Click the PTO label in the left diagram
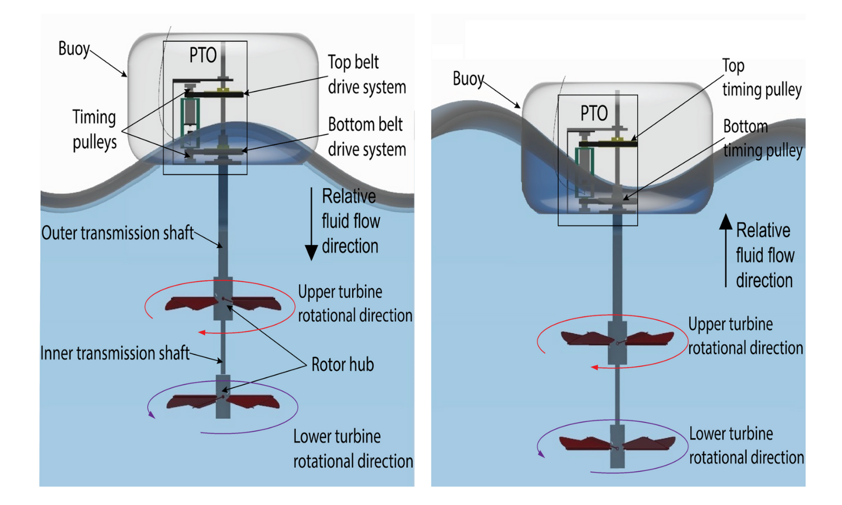203,55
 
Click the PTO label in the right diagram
594,113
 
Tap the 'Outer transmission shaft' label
118,233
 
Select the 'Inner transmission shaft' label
115,353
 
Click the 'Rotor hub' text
342,365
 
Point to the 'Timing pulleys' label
95,130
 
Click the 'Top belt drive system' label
367,74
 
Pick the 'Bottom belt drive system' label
367,137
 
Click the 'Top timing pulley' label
761,77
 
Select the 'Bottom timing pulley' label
762,138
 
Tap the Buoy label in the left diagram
74,49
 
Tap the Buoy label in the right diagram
468,79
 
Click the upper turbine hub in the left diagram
223,299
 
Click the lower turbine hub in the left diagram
223,397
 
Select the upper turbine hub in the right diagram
617,342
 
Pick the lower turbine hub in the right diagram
617,446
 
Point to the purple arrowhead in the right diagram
541,454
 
